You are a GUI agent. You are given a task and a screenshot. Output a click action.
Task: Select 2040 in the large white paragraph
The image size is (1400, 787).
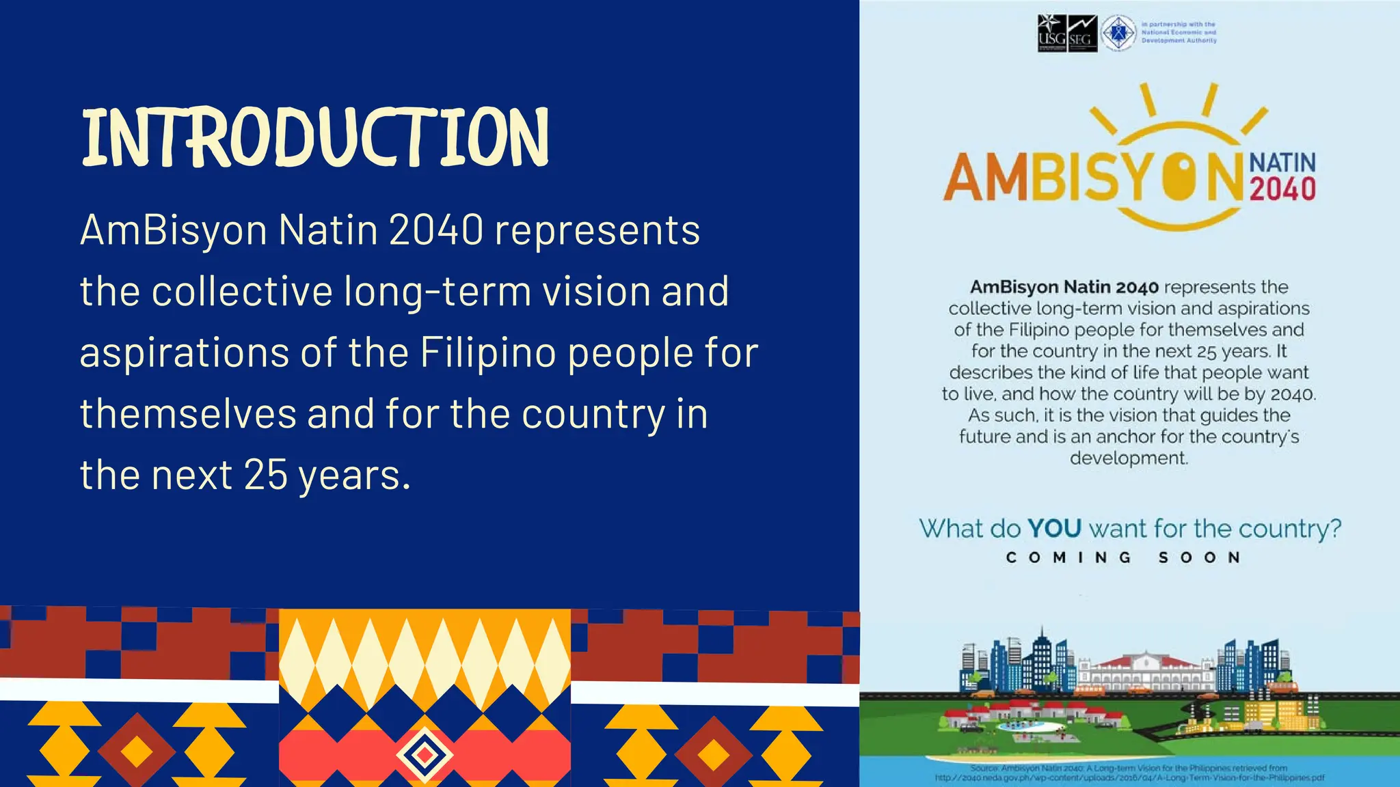(436, 230)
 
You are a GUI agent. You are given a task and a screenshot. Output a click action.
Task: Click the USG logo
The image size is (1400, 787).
(1051, 33)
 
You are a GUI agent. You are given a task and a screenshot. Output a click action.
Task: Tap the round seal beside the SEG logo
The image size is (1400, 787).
(1118, 33)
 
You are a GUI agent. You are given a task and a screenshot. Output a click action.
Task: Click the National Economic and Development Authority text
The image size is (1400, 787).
(1179, 32)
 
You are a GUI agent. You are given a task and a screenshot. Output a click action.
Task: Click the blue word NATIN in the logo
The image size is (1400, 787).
(1282, 163)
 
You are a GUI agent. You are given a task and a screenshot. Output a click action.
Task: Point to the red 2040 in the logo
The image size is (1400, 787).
(1282, 189)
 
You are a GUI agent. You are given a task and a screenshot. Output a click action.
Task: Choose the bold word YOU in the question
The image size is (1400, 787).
(1054, 528)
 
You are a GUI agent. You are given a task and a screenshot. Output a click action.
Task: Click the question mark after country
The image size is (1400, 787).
(1335, 528)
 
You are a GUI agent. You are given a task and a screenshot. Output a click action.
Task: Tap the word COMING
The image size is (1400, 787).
(1068, 557)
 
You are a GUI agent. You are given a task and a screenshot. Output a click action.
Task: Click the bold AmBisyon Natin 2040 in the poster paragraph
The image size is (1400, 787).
(1064, 287)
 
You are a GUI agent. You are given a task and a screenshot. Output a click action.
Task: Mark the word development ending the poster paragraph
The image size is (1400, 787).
(1129, 458)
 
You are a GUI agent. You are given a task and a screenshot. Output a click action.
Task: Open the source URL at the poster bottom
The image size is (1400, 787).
(1129, 777)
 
